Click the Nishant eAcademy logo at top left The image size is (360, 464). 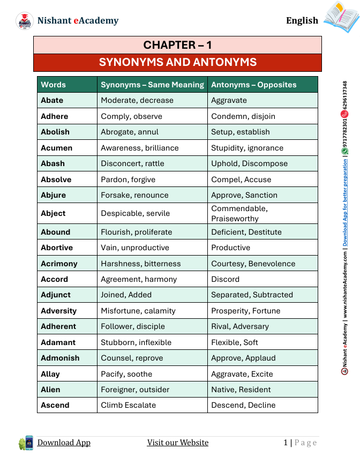[x=25, y=21]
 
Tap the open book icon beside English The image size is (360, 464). [x=341, y=17]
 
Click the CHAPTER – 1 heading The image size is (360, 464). [x=177, y=45]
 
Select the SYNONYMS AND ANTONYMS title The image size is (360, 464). [x=177, y=63]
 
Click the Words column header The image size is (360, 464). [x=54, y=85]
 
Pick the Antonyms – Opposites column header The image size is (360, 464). [x=253, y=85]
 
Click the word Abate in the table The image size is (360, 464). [x=52, y=100]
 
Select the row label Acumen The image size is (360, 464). [x=56, y=148]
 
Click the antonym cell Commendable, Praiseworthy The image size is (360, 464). [x=239, y=213]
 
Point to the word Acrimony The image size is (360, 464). [x=59, y=264]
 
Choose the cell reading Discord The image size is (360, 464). [x=225, y=279]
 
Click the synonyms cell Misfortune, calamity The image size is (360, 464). [x=138, y=311]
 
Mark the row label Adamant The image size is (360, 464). [x=58, y=342]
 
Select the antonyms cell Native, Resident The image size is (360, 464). [x=241, y=390]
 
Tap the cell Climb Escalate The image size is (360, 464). [x=129, y=405]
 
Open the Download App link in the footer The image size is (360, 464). [x=64, y=443]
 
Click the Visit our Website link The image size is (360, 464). [x=178, y=443]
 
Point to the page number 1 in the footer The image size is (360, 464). [x=286, y=443]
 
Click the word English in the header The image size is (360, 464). [x=302, y=20]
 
